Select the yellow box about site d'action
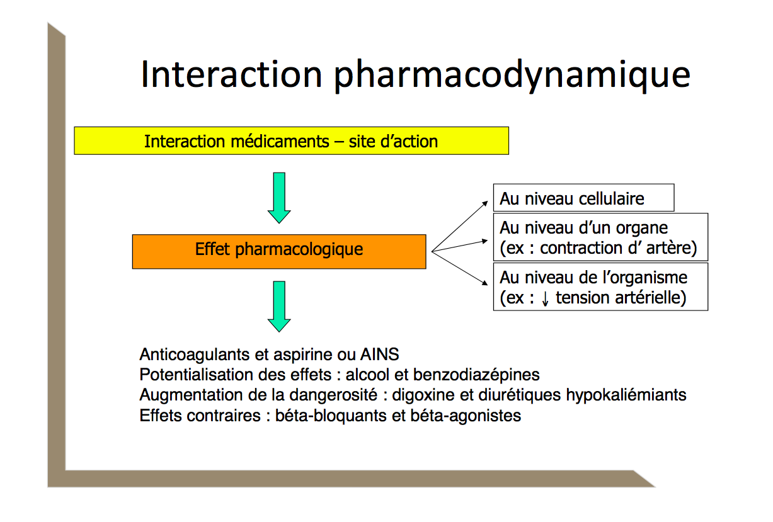click(291, 140)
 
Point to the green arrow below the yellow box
click(279, 197)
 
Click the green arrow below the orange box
click(279, 306)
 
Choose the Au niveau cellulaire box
click(583, 198)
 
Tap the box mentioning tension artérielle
click(600, 287)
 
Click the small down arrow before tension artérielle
click(545, 298)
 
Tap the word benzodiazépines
click(476, 375)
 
